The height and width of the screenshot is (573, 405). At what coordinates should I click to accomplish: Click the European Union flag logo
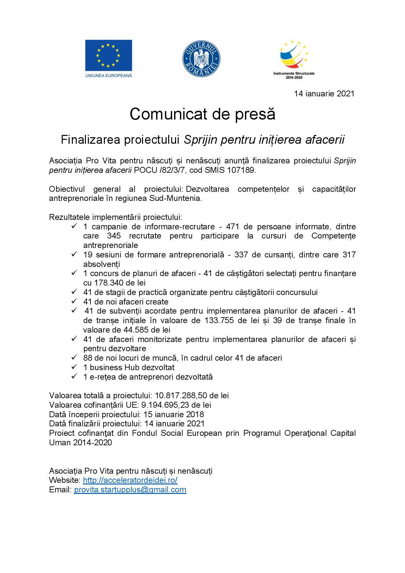pyautogui.click(x=108, y=56)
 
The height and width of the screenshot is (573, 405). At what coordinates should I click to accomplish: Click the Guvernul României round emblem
pyautogui.click(x=201, y=58)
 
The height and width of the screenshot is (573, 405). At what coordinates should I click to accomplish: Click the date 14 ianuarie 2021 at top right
pyautogui.click(x=324, y=94)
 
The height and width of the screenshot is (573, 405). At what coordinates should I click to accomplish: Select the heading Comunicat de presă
pyautogui.click(x=202, y=114)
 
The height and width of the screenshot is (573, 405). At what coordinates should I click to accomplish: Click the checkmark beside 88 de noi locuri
pyautogui.click(x=74, y=358)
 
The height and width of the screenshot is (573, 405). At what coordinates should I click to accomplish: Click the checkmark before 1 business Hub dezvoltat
pyautogui.click(x=74, y=367)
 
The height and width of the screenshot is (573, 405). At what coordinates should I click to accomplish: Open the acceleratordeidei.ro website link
pyautogui.click(x=130, y=480)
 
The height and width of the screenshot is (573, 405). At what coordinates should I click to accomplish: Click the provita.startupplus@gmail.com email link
pyautogui.click(x=130, y=490)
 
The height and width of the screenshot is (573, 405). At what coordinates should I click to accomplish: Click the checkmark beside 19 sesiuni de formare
pyautogui.click(x=74, y=254)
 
